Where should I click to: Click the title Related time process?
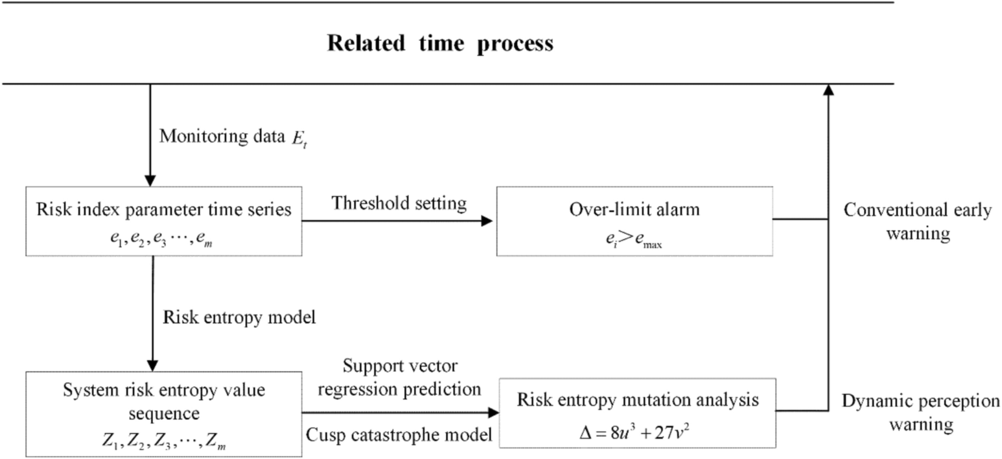[440, 43]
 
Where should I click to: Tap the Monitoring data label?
[222, 136]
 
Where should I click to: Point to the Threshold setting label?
[399, 203]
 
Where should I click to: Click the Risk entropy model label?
[239, 317]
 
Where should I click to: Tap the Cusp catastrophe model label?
[399, 435]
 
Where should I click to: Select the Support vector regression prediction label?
[399, 378]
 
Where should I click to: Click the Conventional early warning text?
[918, 221]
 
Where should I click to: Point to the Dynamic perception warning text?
[921, 412]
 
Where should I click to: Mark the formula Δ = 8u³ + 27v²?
[634, 433]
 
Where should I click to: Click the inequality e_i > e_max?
[634, 239]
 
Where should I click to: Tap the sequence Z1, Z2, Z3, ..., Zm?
[163, 440]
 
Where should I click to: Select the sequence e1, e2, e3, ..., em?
[161, 239]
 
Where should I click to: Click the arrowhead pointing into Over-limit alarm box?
[487, 221]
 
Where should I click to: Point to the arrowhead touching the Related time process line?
[828, 90]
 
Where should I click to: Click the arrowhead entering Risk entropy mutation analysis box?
[493, 413]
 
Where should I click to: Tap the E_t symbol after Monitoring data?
[299, 139]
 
